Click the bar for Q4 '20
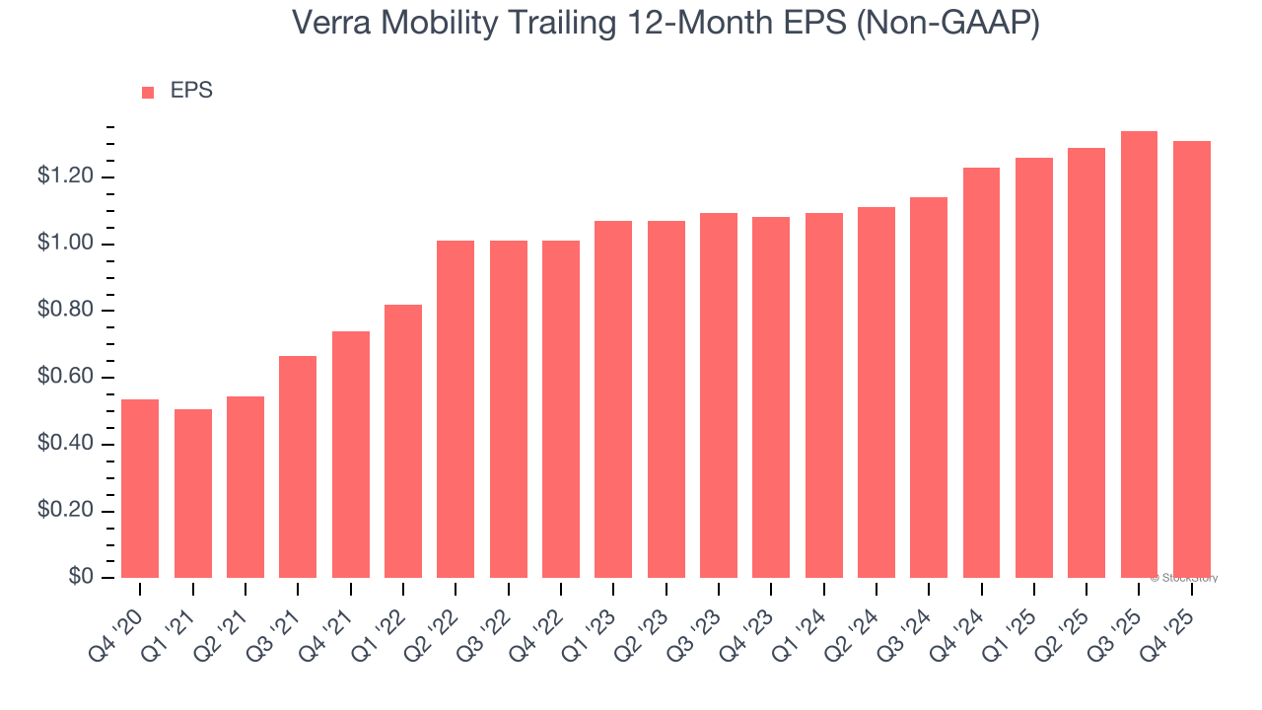tap(140, 488)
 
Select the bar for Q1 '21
tap(193, 493)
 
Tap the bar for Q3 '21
tap(298, 466)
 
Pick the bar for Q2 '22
tap(456, 409)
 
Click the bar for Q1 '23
tap(613, 399)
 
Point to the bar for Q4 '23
tap(771, 397)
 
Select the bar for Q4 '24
tap(981, 373)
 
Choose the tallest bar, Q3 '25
tap(1139, 354)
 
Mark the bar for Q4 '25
tap(1191, 359)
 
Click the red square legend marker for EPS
tap(148, 92)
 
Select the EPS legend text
tap(191, 91)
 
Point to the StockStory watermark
tap(1184, 578)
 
